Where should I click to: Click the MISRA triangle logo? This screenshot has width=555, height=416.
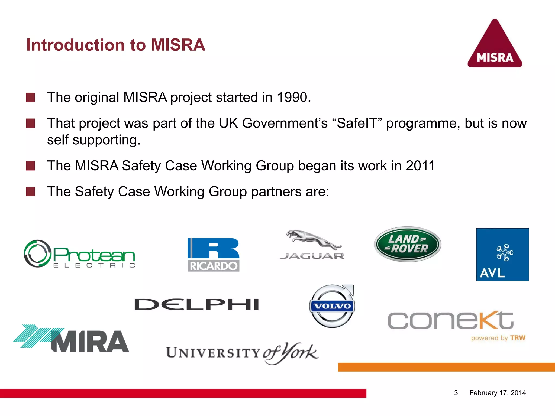495,45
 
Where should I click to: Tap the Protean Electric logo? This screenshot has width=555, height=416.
79,254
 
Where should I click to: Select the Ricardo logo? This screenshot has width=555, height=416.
213,255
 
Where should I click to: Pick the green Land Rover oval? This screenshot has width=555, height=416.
408,244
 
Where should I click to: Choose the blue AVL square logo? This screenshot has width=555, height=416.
502,254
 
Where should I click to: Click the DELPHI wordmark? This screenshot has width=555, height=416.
197,305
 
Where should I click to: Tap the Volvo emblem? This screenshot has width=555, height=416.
332,306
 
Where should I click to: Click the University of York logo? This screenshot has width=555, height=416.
242,353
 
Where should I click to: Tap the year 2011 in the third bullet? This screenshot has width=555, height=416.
420,165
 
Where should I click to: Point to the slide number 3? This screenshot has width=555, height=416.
456,393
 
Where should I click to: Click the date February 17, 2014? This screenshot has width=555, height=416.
498,393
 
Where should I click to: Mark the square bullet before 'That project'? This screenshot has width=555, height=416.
30,123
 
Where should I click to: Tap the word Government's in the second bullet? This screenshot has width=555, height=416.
285,123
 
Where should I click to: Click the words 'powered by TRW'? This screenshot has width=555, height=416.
498,338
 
